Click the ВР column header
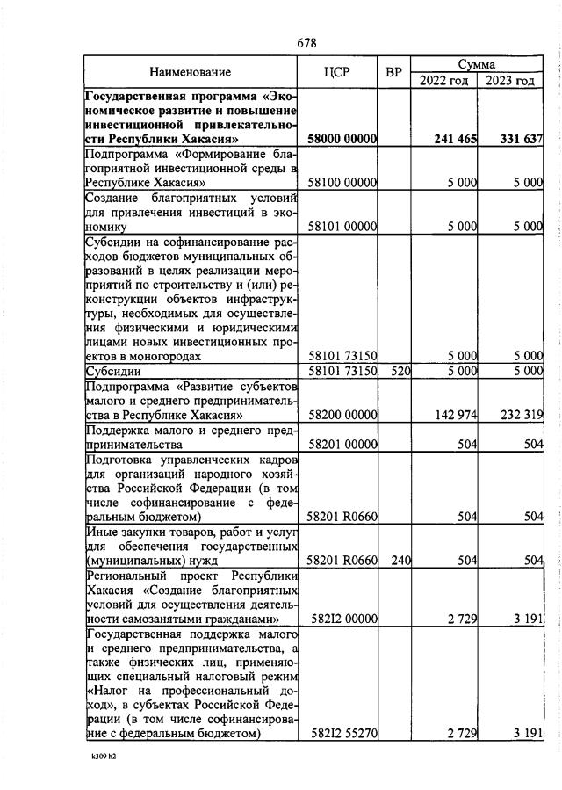coord(394,72)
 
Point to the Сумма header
coord(477,64)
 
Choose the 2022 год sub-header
coord(443,81)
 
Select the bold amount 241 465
coord(455,139)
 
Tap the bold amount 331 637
coord(522,139)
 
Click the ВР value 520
coord(400,371)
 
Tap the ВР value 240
coord(400,560)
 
